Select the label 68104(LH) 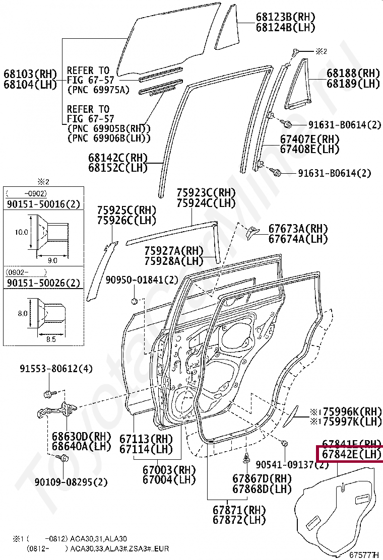click(x=31, y=85)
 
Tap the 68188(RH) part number click(x=353, y=74)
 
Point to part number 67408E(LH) click(x=309, y=149)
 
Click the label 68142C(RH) click(x=118, y=157)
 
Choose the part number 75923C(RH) click(x=206, y=193)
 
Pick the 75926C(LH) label click(x=126, y=220)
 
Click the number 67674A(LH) click(x=298, y=239)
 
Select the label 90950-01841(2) click(x=142, y=280)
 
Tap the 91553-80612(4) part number click(x=56, y=369)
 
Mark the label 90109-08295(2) click(x=71, y=482)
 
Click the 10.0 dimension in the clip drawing click(x=22, y=233)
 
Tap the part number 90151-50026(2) click(x=43, y=283)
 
